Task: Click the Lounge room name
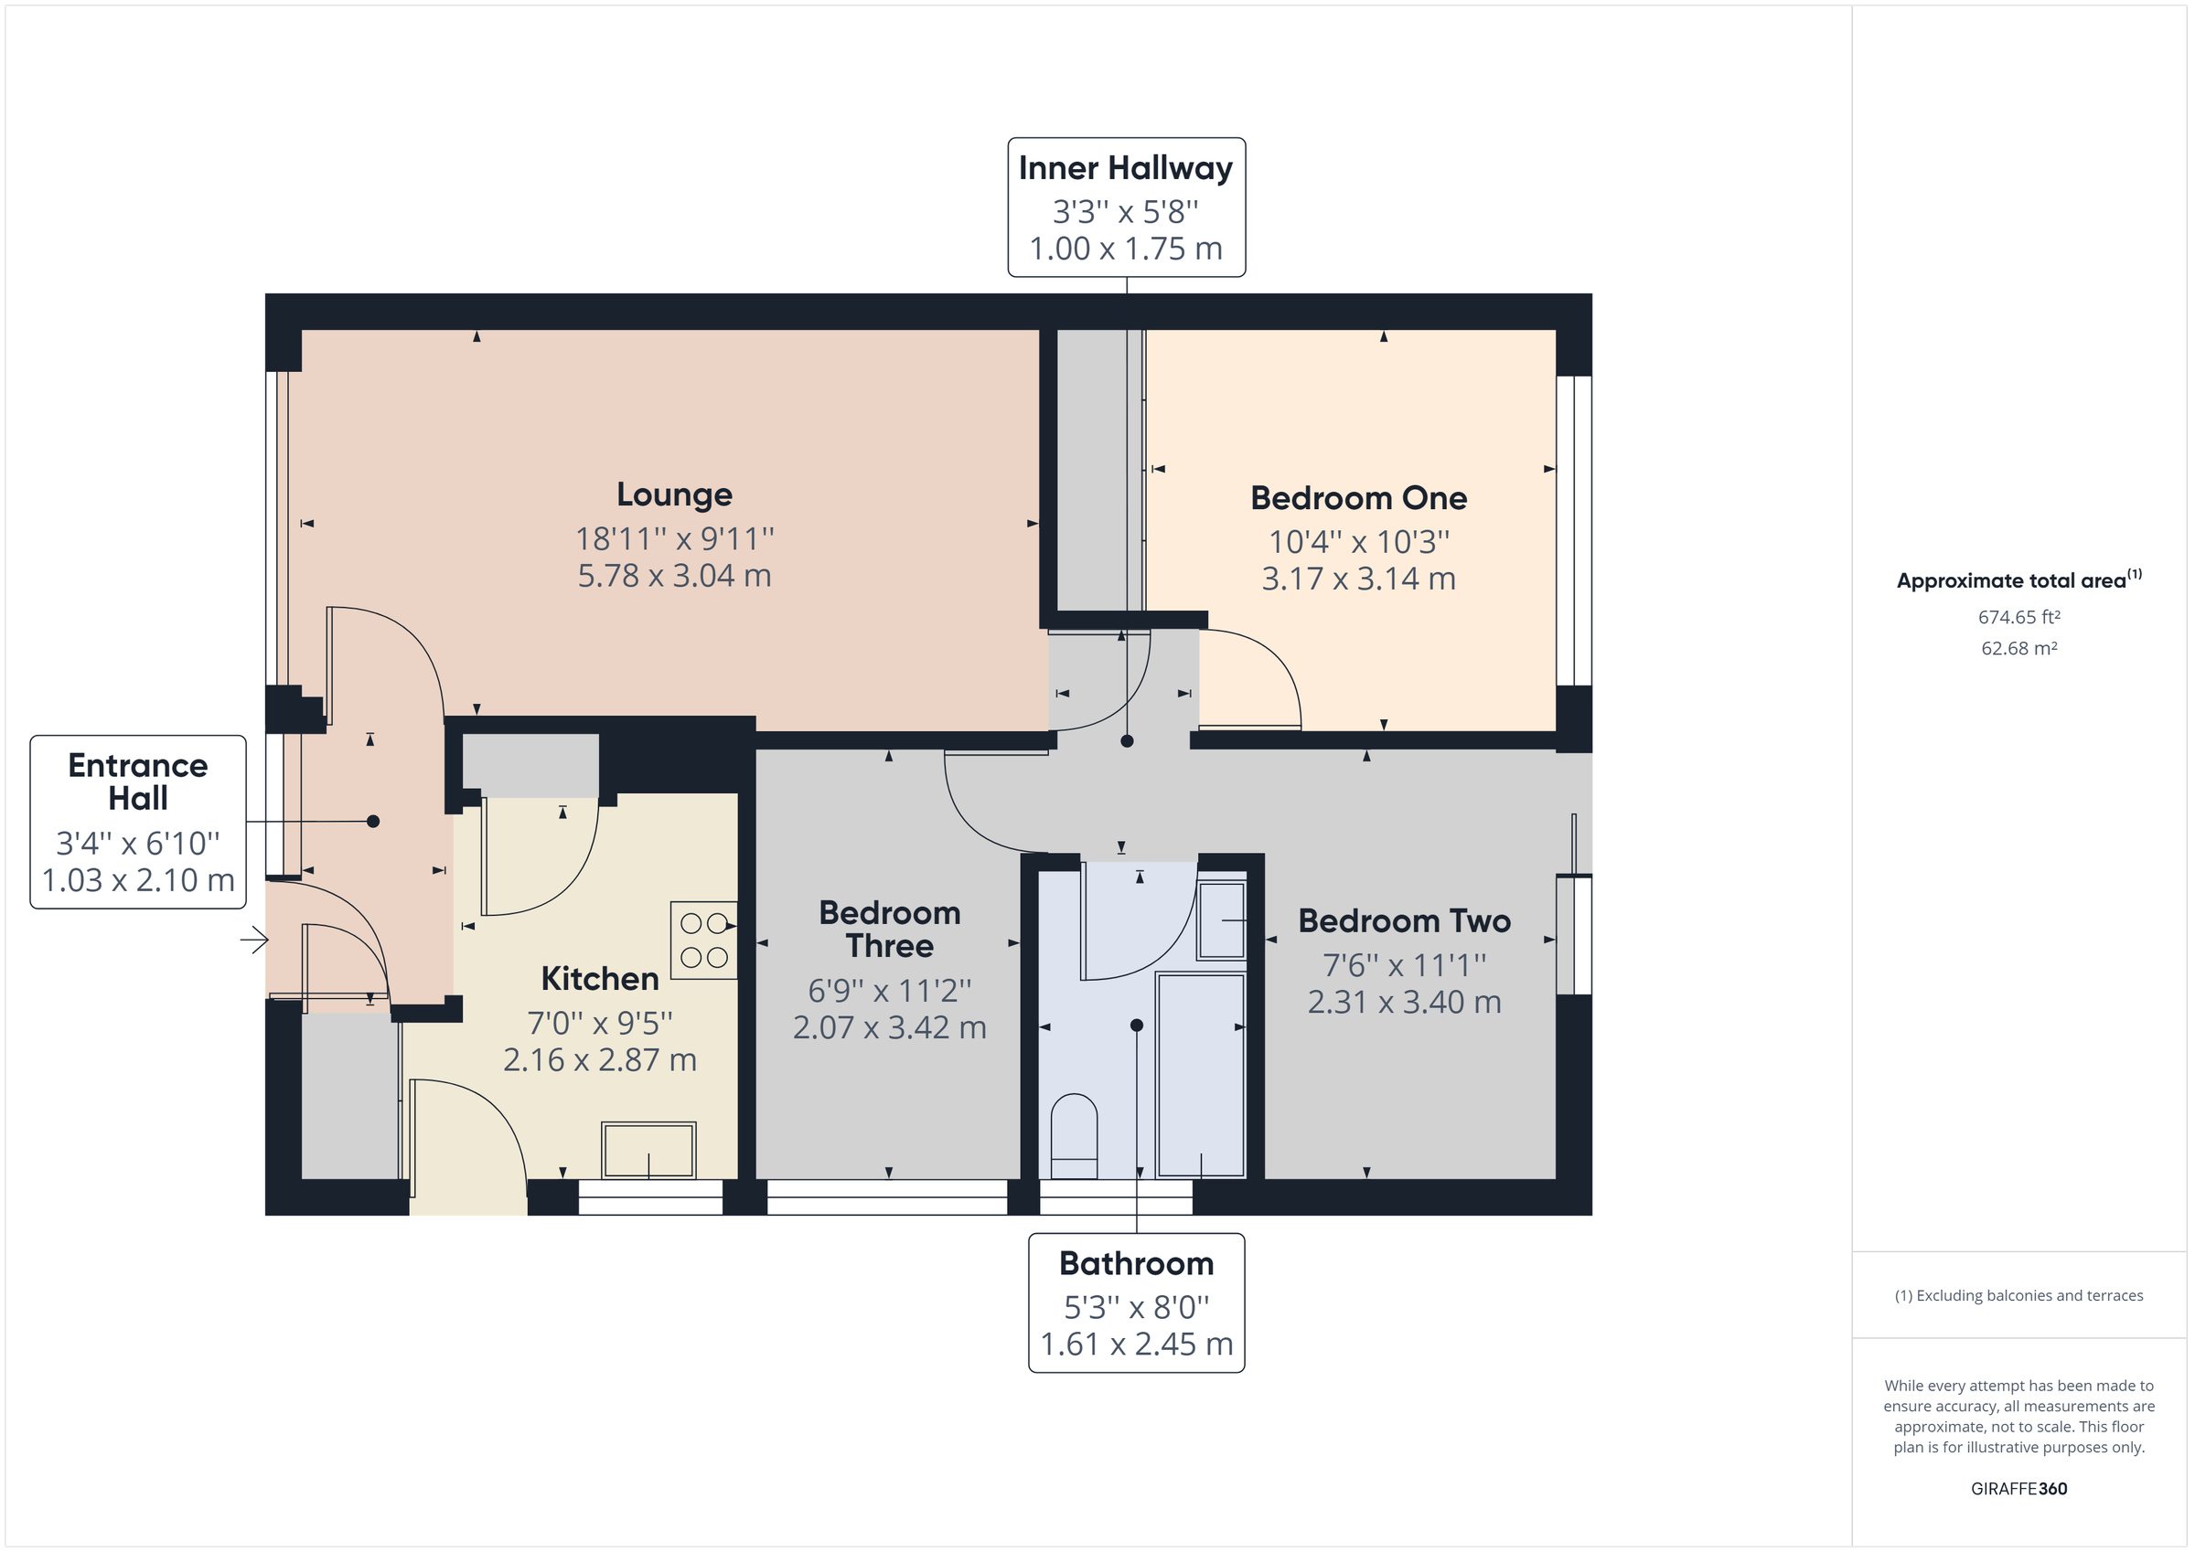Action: (x=674, y=494)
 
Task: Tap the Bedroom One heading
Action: (x=1357, y=498)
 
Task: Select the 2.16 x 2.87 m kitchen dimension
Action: (x=599, y=1060)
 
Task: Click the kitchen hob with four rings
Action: (x=704, y=941)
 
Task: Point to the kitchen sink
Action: (x=648, y=1150)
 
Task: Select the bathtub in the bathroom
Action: (x=1200, y=1074)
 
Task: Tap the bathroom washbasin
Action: (x=1222, y=920)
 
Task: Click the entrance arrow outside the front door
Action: (x=254, y=941)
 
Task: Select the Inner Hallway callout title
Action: (x=1125, y=168)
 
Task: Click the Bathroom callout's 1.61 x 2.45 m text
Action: (x=1136, y=1344)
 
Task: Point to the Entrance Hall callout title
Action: (x=138, y=781)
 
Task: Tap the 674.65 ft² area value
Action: (x=2018, y=617)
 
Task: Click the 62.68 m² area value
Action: (x=2018, y=648)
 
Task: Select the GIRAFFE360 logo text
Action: (x=2018, y=1488)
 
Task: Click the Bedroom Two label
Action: (x=1403, y=921)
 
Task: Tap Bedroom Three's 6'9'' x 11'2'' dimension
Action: (x=889, y=990)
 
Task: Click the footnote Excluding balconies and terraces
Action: (x=2018, y=1295)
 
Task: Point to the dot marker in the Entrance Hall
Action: (x=373, y=821)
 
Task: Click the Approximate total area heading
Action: (x=2011, y=581)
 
